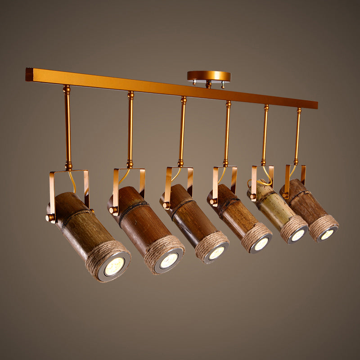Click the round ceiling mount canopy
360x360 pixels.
click(x=209, y=76)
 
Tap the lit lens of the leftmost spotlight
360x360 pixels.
click(x=114, y=266)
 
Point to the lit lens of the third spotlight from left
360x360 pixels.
click(x=216, y=253)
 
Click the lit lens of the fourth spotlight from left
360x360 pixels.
click(x=261, y=244)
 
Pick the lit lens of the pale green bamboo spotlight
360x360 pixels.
click(x=298, y=235)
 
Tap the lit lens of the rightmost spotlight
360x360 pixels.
click(x=327, y=234)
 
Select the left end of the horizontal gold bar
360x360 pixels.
click(x=29, y=74)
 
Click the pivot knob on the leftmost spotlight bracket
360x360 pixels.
click(x=49, y=217)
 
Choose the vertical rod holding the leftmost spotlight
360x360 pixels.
click(x=67, y=126)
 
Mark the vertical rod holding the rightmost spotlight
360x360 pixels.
click(x=297, y=135)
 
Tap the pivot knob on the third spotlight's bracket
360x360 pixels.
click(x=166, y=205)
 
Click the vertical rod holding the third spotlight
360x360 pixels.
click(x=182, y=130)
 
